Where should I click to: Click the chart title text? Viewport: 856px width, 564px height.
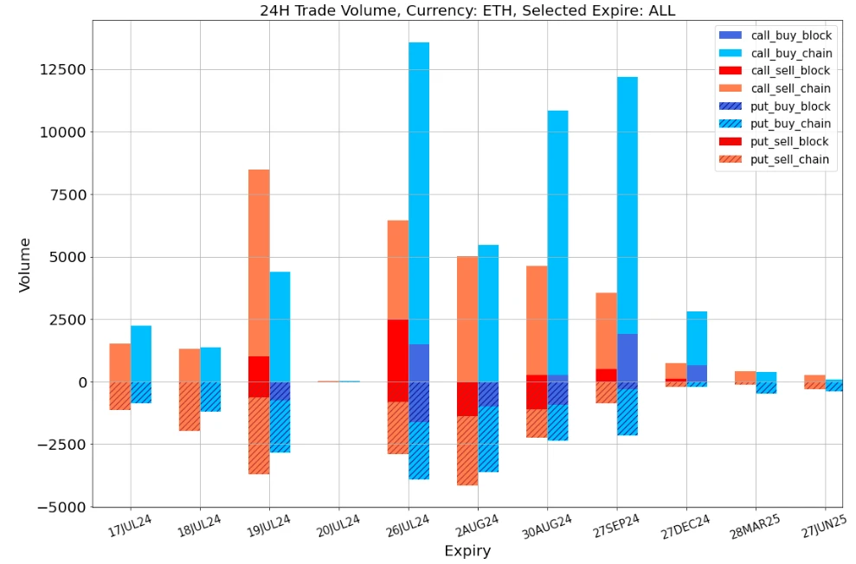pyautogui.click(x=467, y=10)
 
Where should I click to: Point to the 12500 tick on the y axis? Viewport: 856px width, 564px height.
pyautogui.click(x=62, y=70)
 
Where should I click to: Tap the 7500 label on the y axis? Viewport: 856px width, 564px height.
pyautogui.click(x=66, y=195)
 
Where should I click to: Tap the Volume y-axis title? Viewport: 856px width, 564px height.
pyautogui.click(x=24, y=265)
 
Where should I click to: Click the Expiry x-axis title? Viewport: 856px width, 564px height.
pyautogui.click(x=467, y=551)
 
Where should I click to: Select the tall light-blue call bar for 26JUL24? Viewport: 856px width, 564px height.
pyautogui.click(x=419, y=190)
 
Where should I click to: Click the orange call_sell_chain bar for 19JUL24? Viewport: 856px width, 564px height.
pyautogui.click(x=259, y=260)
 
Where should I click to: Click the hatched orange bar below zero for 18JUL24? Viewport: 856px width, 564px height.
pyautogui.click(x=190, y=407)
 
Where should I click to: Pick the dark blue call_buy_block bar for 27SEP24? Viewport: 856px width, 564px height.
pyautogui.click(x=628, y=357)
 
